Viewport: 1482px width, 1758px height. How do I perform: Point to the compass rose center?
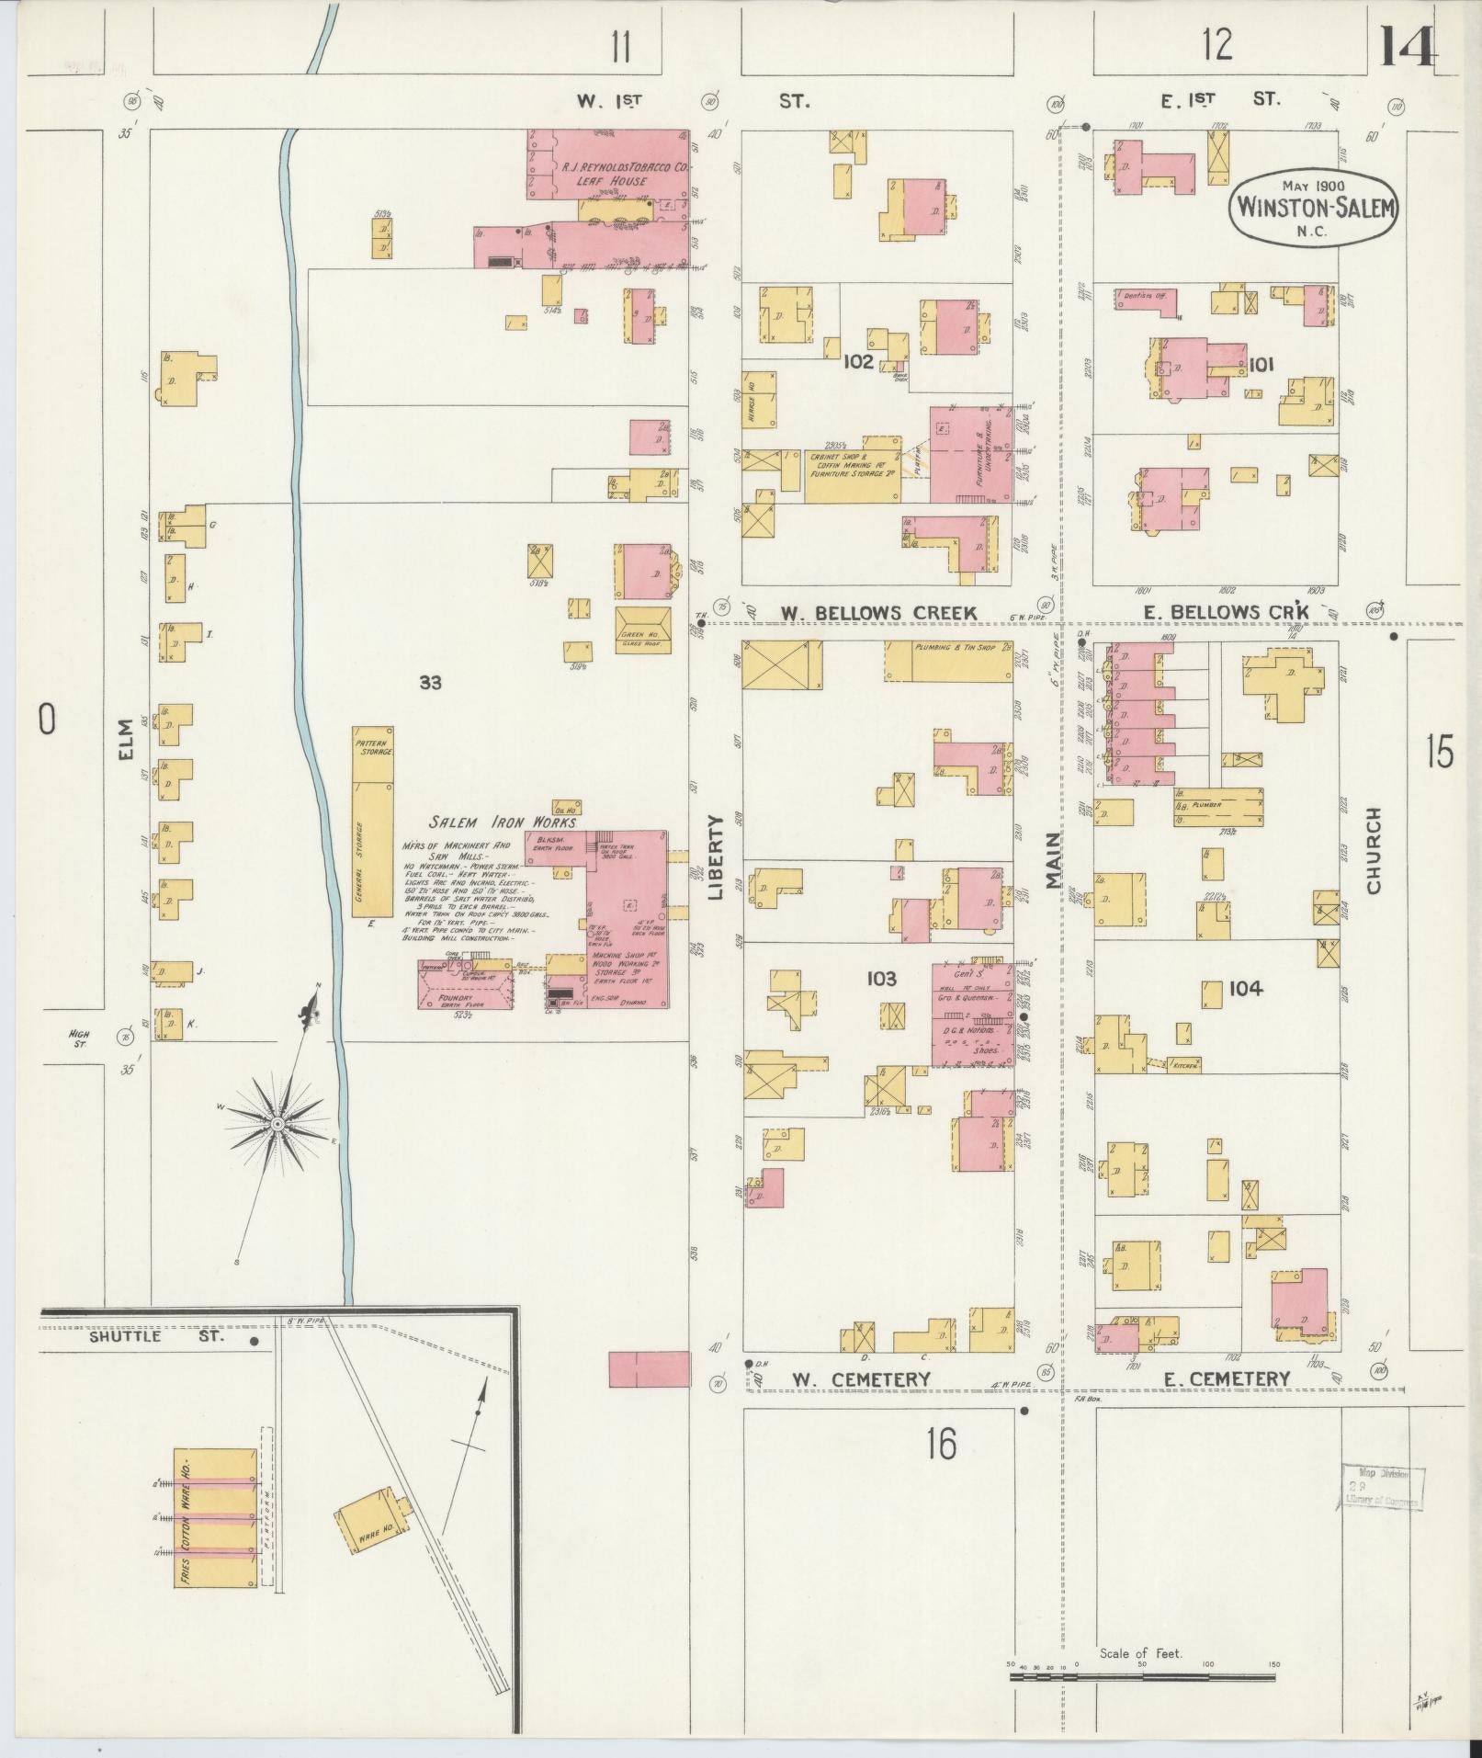pyautogui.click(x=277, y=1125)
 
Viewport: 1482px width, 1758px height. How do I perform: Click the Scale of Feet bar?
pyautogui.click(x=1141, y=1677)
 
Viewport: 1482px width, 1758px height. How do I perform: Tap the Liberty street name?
pyautogui.click(x=718, y=856)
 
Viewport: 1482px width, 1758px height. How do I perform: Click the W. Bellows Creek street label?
pyautogui.click(x=878, y=613)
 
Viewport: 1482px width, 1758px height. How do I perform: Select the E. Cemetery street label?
pyautogui.click(x=1227, y=1378)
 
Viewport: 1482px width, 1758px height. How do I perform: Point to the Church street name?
pyautogui.click(x=1374, y=850)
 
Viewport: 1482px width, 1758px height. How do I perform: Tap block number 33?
pyautogui.click(x=430, y=682)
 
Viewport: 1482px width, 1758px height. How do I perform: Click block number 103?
pyautogui.click(x=880, y=980)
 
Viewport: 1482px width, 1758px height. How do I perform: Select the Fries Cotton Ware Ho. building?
pyautogui.click(x=215, y=1518)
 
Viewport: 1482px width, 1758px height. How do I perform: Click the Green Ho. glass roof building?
pyautogui.click(x=643, y=629)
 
